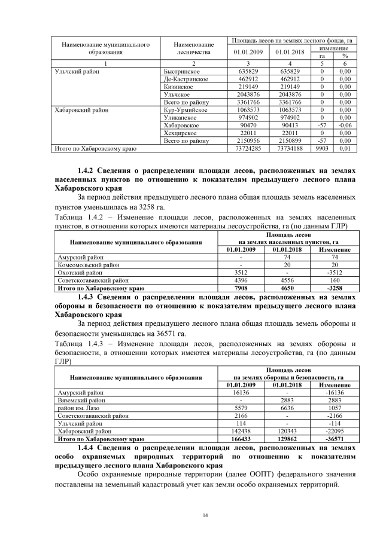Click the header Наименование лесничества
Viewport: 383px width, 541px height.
tap(193, 48)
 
